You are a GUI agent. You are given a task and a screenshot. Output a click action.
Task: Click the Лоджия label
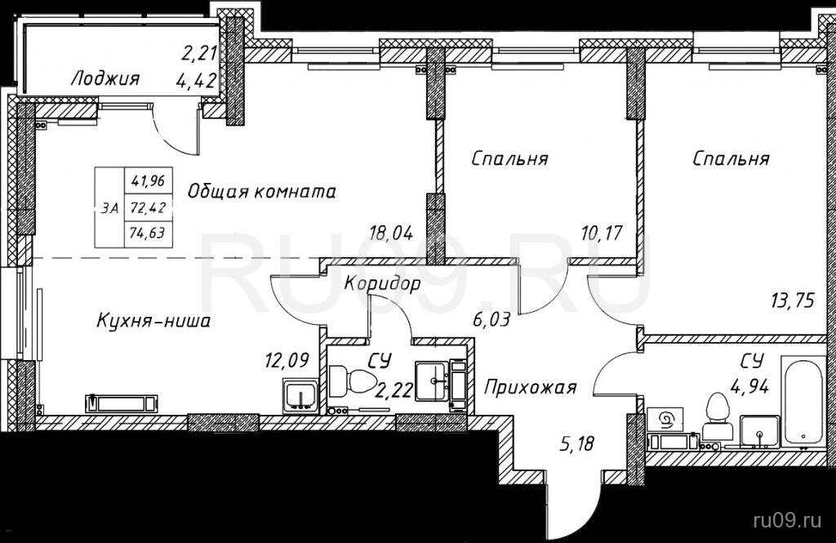point(105,79)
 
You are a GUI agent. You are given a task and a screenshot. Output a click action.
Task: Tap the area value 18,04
point(392,233)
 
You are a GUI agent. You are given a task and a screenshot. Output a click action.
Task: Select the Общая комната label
point(261,192)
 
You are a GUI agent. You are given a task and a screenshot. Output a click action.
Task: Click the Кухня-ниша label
point(153,321)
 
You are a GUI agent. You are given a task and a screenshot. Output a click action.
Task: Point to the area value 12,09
point(287,361)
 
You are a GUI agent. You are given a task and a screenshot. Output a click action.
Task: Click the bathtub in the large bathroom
point(803,401)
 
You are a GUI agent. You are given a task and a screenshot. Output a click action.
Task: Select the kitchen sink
point(301,396)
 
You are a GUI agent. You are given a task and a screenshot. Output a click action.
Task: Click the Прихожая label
point(531,387)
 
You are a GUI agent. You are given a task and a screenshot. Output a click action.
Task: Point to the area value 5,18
point(578,443)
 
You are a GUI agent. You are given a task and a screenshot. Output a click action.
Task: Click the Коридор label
point(382,283)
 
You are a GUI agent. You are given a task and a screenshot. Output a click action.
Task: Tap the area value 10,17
point(603,233)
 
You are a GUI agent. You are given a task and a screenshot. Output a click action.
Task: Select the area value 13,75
point(793,301)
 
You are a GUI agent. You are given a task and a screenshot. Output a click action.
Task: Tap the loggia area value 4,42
point(197,82)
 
